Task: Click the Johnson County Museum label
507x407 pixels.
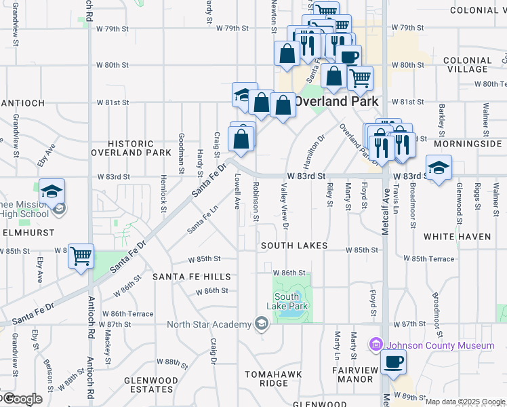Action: coord(441,346)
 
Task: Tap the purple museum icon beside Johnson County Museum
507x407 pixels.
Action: coord(377,346)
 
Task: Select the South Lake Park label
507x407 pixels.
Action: coord(292,301)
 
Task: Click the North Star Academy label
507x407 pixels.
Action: coord(209,324)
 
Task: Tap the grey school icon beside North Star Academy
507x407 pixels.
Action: coord(261,324)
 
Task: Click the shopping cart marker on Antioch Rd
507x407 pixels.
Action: coord(81,256)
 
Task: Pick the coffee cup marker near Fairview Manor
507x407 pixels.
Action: coord(393,362)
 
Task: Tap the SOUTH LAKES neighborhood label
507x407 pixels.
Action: coord(294,246)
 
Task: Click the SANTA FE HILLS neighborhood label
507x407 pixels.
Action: coord(192,277)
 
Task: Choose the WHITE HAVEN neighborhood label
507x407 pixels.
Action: coord(457,237)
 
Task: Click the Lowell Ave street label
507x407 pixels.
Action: coord(237,191)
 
